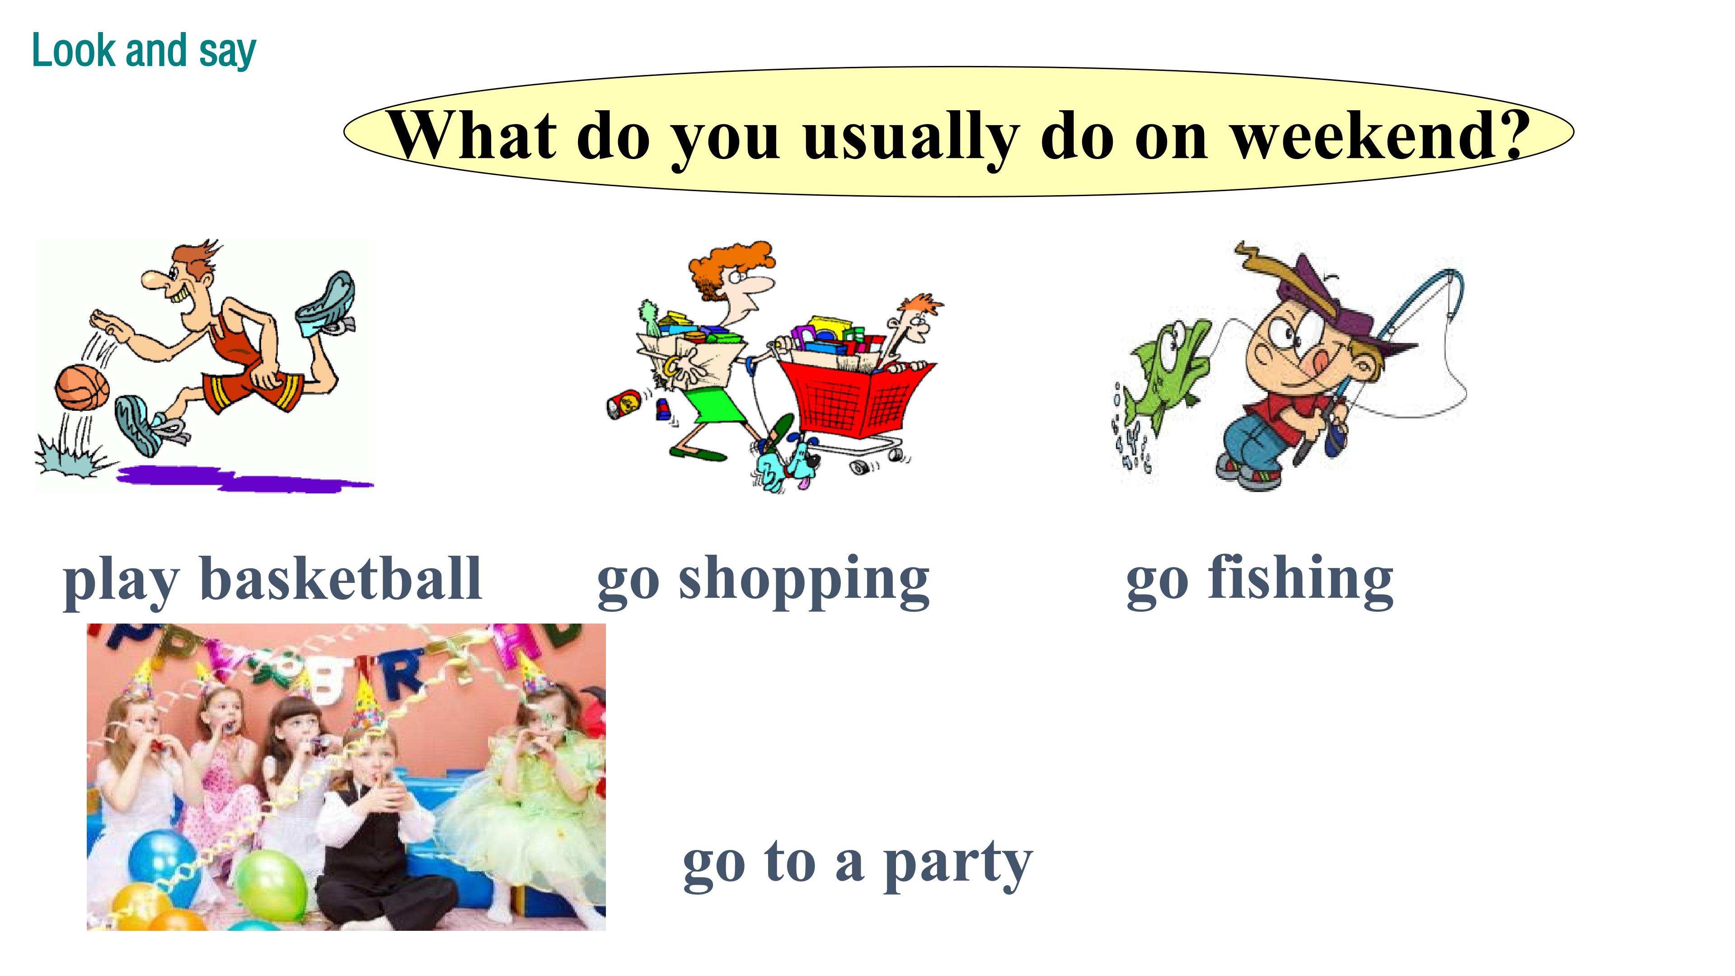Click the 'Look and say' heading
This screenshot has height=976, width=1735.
click(x=144, y=51)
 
